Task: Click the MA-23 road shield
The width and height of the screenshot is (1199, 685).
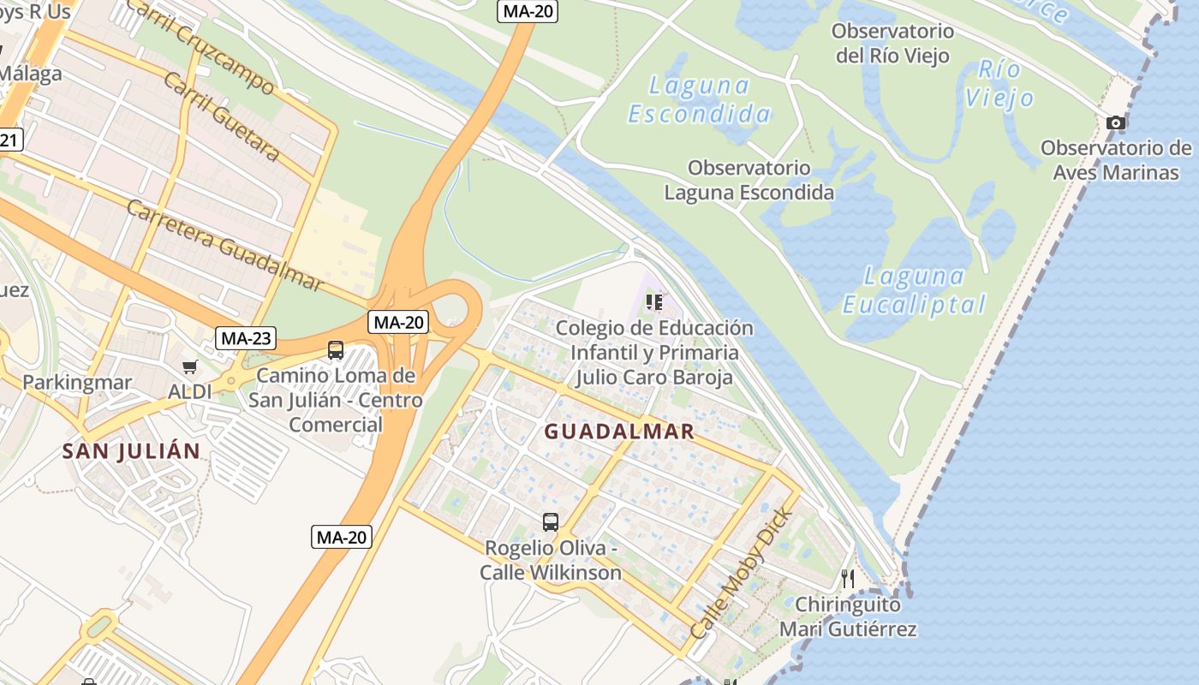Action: pyautogui.click(x=246, y=338)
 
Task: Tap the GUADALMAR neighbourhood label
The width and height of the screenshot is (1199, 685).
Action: pyautogui.click(x=619, y=432)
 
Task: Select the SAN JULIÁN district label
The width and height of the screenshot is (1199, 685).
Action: pyautogui.click(x=131, y=451)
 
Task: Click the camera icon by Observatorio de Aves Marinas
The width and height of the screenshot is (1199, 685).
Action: pyautogui.click(x=1115, y=123)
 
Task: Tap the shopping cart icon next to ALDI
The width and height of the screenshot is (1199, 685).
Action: pyautogui.click(x=189, y=367)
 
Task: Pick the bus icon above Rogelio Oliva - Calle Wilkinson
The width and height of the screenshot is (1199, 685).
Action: pyautogui.click(x=551, y=521)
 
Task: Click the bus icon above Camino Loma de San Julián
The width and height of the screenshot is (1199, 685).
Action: pyautogui.click(x=336, y=350)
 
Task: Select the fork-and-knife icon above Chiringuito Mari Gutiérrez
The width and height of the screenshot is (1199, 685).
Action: pyautogui.click(x=848, y=579)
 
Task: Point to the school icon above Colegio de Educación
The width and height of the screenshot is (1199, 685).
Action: pyautogui.click(x=654, y=302)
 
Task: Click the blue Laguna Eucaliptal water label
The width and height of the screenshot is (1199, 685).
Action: pyautogui.click(x=915, y=290)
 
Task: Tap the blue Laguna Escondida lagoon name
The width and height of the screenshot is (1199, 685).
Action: pyautogui.click(x=700, y=99)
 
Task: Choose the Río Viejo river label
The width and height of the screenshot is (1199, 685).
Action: pyautogui.click(x=999, y=83)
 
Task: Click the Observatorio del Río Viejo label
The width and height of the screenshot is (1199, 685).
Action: pyautogui.click(x=893, y=44)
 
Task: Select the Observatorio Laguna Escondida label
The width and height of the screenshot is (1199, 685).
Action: pyautogui.click(x=749, y=180)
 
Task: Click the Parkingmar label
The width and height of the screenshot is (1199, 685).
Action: pyautogui.click(x=77, y=382)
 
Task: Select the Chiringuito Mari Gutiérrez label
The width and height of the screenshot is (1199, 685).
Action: pyautogui.click(x=848, y=617)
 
